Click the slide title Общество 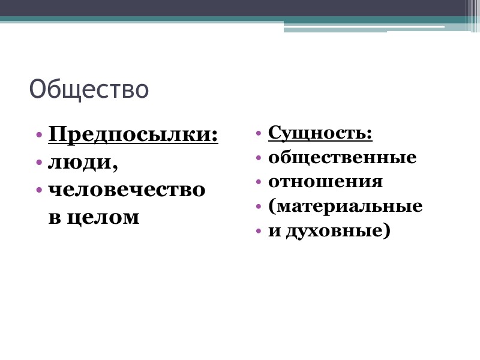tap(89, 89)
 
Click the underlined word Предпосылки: tap(133, 134)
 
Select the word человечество tap(127, 189)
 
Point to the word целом tap(103, 217)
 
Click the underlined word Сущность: tap(320, 132)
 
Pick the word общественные tap(343, 158)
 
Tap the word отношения tap(326, 182)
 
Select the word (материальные tap(346, 206)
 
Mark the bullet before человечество tap(39, 190)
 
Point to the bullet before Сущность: tap(259, 133)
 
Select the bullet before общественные tap(259, 158)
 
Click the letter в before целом tap(54, 217)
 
